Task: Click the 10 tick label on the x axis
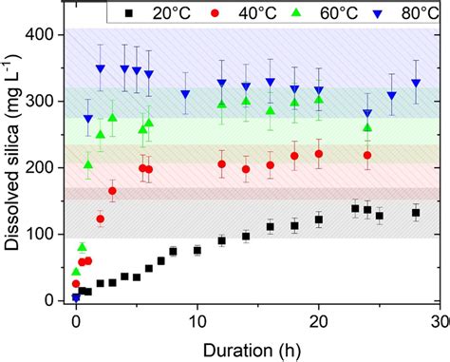[x=197, y=320]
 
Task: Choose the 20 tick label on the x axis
[x=319, y=320]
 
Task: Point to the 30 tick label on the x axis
[x=439, y=320]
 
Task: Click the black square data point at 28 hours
[x=415, y=212]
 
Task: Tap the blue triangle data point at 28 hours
[x=415, y=84]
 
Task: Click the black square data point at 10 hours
[x=197, y=250]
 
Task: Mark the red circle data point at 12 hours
[x=222, y=163]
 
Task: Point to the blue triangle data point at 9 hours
[x=185, y=94]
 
